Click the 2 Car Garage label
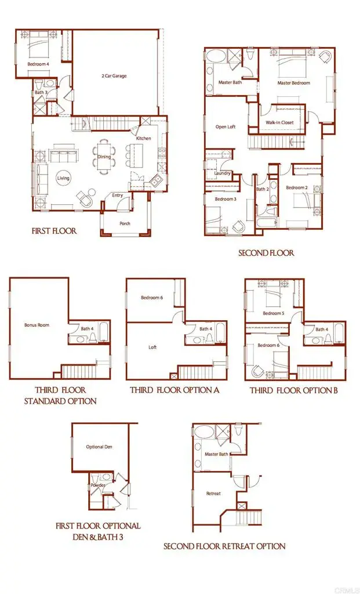coord(114,76)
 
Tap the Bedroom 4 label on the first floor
coord(38,64)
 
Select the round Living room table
coord(63,178)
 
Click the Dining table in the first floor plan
coord(104,157)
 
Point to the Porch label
coord(125,223)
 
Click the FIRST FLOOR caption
coord(54,231)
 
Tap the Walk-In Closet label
coord(279,123)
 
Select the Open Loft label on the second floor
coord(226,127)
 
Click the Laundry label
coord(222,173)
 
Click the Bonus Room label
coord(37,325)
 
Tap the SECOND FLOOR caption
coord(266,253)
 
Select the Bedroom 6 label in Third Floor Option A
coord(152,298)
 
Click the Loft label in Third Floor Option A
coord(152,347)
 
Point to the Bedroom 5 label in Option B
coord(273,313)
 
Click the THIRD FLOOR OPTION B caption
coord(294,390)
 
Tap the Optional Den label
coord(99,447)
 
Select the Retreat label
coord(213,494)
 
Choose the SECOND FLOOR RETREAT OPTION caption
coord(224,546)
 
